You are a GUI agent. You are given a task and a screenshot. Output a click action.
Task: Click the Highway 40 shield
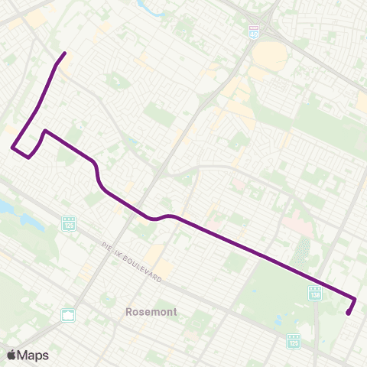(x=254, y=33)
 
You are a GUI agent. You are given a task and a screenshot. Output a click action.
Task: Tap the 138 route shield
(x=314, y=294)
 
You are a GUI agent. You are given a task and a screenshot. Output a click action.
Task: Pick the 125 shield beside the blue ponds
(x=67, y=222)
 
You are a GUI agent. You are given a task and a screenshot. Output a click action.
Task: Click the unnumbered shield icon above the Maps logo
(x=67, y=315)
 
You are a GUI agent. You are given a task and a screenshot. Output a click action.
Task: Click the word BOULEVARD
(x=146, y=268)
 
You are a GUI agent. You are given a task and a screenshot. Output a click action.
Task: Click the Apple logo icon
(x=11, y=355)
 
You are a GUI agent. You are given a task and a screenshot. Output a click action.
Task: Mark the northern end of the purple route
(x=65, y=53)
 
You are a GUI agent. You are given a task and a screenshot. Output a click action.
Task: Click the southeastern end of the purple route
(x=348, y=313)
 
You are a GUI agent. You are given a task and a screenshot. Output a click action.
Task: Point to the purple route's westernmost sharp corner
(x=12, y=148)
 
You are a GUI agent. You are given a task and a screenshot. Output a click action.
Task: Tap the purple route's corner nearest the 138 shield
(x=356, y=298)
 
